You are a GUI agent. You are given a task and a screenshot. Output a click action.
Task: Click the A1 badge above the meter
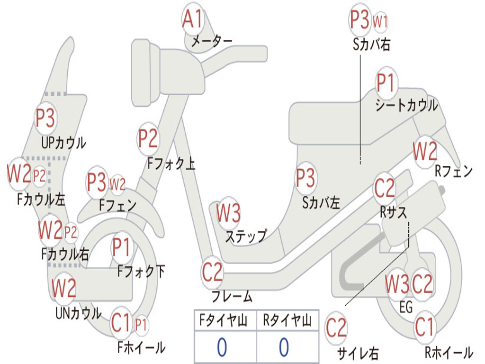click(192, 18)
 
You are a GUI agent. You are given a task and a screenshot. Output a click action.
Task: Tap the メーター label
click(212, 41)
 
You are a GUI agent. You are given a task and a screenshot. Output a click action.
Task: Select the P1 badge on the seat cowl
click(386, 82)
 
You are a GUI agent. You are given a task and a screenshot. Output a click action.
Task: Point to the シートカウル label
click(406, 105)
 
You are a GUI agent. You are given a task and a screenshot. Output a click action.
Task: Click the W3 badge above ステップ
click(228, 213)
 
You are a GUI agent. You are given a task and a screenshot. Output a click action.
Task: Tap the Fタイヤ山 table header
click(224, 320)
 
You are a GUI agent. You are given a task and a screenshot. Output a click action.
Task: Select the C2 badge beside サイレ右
click(336, 328)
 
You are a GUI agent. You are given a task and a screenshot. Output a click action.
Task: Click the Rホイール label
click(449, 353)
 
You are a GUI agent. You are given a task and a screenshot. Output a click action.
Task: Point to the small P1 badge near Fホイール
click(141, 325)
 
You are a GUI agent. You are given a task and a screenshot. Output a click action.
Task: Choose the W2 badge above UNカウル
click(64, 288)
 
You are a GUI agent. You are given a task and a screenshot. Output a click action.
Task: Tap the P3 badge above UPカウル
click(45, 118)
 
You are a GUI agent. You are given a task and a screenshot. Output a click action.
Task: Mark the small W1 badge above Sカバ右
click(380, 22)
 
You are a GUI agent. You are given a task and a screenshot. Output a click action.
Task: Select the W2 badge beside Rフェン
click(425, 151)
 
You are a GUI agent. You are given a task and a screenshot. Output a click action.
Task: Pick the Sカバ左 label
click(321, 203)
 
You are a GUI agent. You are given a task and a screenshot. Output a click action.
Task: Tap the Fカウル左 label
click(41, 200)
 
